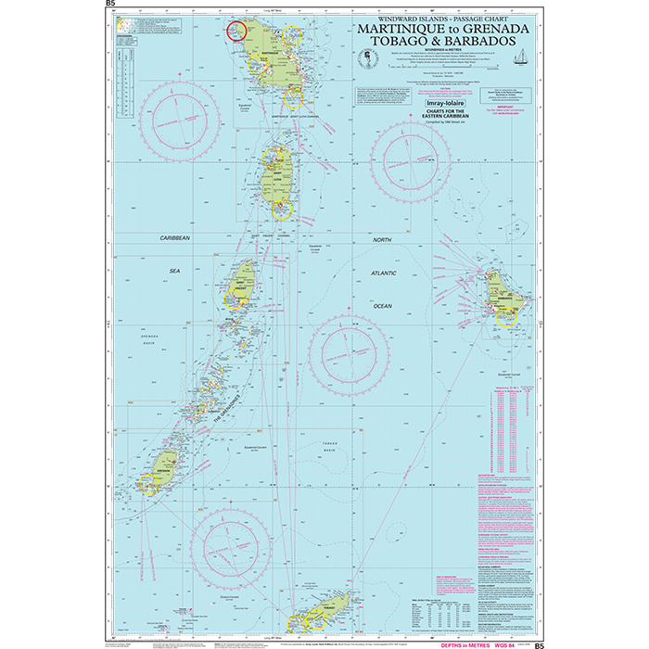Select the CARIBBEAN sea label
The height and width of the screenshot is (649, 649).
pyautogui.click(x=174, y=238)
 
